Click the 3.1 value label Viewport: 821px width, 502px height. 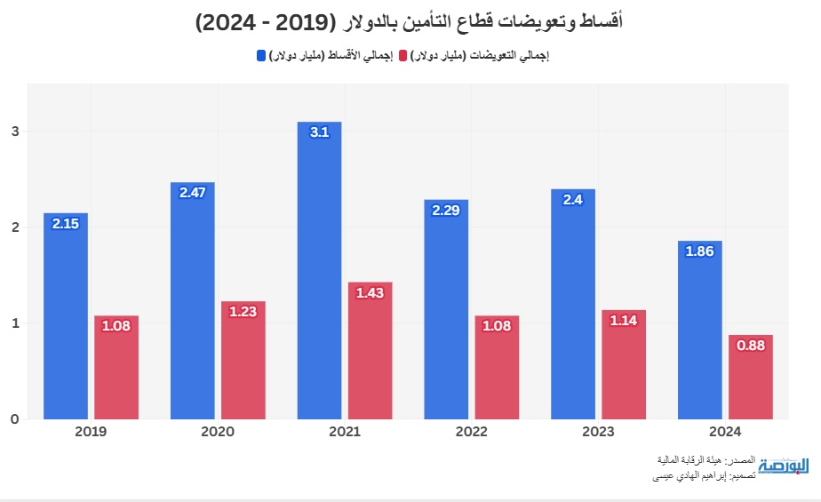pyautogui.click(x=319, y=132)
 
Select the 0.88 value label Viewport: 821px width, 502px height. pyautogui.click(x=751, y=346)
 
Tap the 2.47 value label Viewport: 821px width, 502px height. pyautogui.click(x=192, y=193)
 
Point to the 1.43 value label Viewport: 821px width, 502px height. pyautogui.click(x=370, y=292)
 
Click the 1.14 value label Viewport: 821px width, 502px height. pyautogui.click(x=624, y=321)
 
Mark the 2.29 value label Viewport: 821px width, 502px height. pyautogui.click(x=446, y=210)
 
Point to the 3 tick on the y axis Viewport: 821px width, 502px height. pyautogui.click(x=14, y=131)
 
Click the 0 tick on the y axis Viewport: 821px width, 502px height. pyautogui.click(x=14, y=418)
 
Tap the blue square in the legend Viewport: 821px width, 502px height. pyautogui.click(x=261, y=56)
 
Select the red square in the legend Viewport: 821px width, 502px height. pyautogui.click(x=403, y=56)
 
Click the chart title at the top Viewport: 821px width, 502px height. pyautogui.click(x=410, y=21)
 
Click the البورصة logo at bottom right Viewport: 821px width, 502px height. pyautogui.click(x=784, y=466)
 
